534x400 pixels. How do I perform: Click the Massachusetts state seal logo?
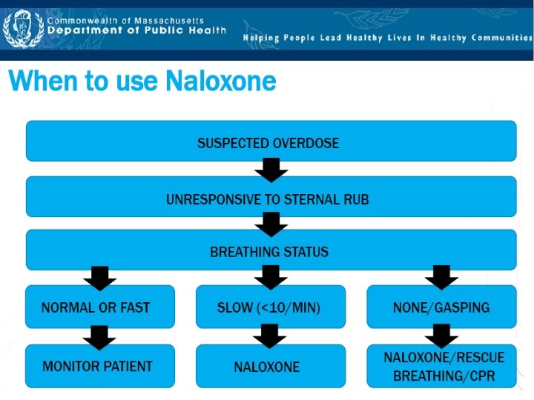click(23, 29)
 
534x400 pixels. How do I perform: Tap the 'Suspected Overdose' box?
click(271, 141)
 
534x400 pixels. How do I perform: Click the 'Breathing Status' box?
click(271, 250)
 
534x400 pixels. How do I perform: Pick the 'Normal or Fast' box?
click(100, 307)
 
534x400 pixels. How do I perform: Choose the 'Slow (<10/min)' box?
click(271, 307)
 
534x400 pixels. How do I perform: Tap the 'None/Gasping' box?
click(441, 307)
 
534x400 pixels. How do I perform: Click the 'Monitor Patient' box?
click(100, 366)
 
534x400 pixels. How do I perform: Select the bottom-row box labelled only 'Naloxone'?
click(271, 366)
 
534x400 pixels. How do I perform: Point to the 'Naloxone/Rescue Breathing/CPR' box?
click(441, 366)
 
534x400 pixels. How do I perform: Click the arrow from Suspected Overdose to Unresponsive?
click(271, 170)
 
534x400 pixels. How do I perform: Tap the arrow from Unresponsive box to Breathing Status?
click(271, 224)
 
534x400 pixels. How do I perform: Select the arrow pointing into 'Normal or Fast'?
click(100, 277)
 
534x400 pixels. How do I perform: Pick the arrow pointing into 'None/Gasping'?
click(441, 277)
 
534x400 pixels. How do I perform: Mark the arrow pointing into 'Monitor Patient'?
click(100, 337)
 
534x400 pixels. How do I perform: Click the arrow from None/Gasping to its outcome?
click(441, 336)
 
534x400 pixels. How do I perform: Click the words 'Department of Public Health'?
click(136, 31)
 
